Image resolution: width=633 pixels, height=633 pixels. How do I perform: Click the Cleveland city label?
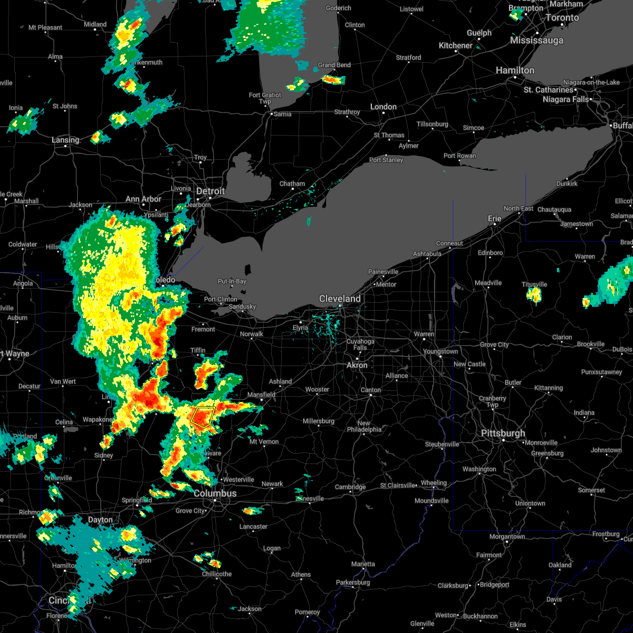point(340,299)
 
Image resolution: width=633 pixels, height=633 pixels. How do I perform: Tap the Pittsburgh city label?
point(503,433)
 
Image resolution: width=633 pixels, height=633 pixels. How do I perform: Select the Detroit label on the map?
point(210,191)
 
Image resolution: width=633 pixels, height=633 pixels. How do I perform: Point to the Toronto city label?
point(562,17)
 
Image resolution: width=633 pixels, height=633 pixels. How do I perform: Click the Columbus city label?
point(215,493)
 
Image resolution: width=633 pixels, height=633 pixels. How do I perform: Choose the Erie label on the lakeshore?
point(494,218)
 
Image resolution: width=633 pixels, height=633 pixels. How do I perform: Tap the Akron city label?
point(357,365)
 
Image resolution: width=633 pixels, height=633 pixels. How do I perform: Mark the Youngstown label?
point(440,351)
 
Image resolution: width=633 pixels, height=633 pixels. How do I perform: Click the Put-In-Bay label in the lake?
point(232,281)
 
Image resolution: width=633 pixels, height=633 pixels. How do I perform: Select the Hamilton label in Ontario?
point(515,70)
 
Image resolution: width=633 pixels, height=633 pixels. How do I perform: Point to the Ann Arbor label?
point(143,199)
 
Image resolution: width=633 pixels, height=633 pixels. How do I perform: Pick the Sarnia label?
point(281,114)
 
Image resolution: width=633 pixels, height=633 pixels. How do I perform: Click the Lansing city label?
point(65,140)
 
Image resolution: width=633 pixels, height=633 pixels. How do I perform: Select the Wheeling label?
point(434,483)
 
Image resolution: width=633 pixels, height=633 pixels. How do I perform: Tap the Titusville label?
point(534,284)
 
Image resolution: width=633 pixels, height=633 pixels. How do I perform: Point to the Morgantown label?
point(507,536)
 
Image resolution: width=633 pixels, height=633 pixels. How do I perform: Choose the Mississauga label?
point(536,41)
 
